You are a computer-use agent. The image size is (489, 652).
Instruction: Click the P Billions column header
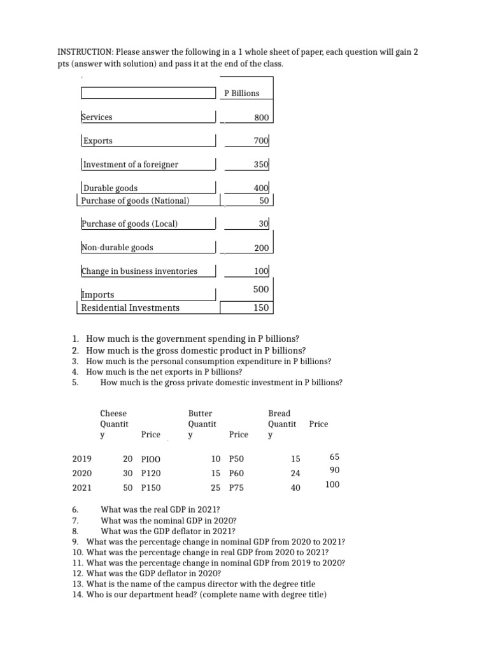[x=242, y=94]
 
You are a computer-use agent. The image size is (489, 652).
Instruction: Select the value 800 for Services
[x=262, y=118]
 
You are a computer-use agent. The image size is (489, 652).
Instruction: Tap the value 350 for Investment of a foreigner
[x=262, y=164]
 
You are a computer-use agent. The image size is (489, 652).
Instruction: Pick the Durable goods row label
[x=110, y=188]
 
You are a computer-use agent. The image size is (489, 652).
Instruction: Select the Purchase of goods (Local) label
[x=129, y=223]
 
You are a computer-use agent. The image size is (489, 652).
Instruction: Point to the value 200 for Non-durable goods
[x=262, y=248]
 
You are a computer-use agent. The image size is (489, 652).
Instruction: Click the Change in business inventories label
[x=139, y=271]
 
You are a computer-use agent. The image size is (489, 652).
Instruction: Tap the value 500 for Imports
[x=262, y=289]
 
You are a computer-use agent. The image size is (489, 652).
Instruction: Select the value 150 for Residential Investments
[x=262, y=308]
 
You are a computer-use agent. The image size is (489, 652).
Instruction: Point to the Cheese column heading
[x=113, y=414]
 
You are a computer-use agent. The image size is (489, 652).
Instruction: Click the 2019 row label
[x=82, y=458]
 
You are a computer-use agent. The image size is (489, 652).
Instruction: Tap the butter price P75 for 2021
[x=236, y=488]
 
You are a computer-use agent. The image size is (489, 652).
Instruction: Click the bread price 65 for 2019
[x=335, y=457]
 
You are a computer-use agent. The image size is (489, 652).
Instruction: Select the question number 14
[x=78, y=595]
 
